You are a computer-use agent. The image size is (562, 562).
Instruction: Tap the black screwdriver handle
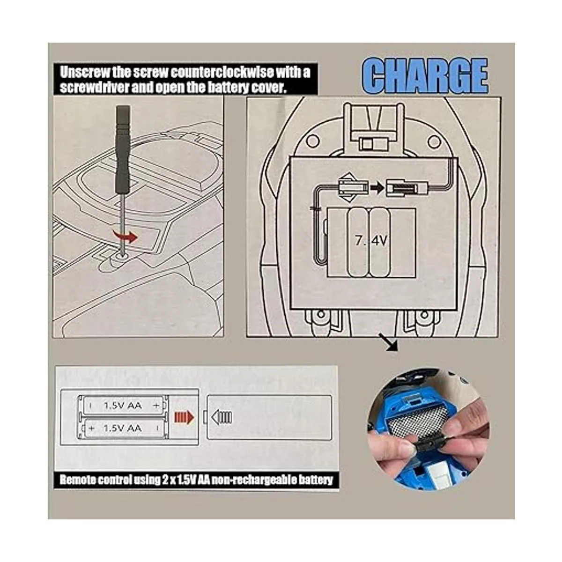click(123, 149)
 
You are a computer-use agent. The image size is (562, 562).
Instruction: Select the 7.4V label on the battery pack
click(371, 241)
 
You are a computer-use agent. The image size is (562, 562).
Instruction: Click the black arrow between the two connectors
click(378, 188)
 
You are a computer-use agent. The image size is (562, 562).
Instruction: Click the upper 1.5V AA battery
click(123, 405)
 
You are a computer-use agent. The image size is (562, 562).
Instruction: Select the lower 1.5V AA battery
click(123, 428)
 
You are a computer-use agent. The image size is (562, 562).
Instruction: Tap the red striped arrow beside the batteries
click(184, 418)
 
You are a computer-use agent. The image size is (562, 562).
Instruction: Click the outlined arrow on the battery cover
click(222, 417)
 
